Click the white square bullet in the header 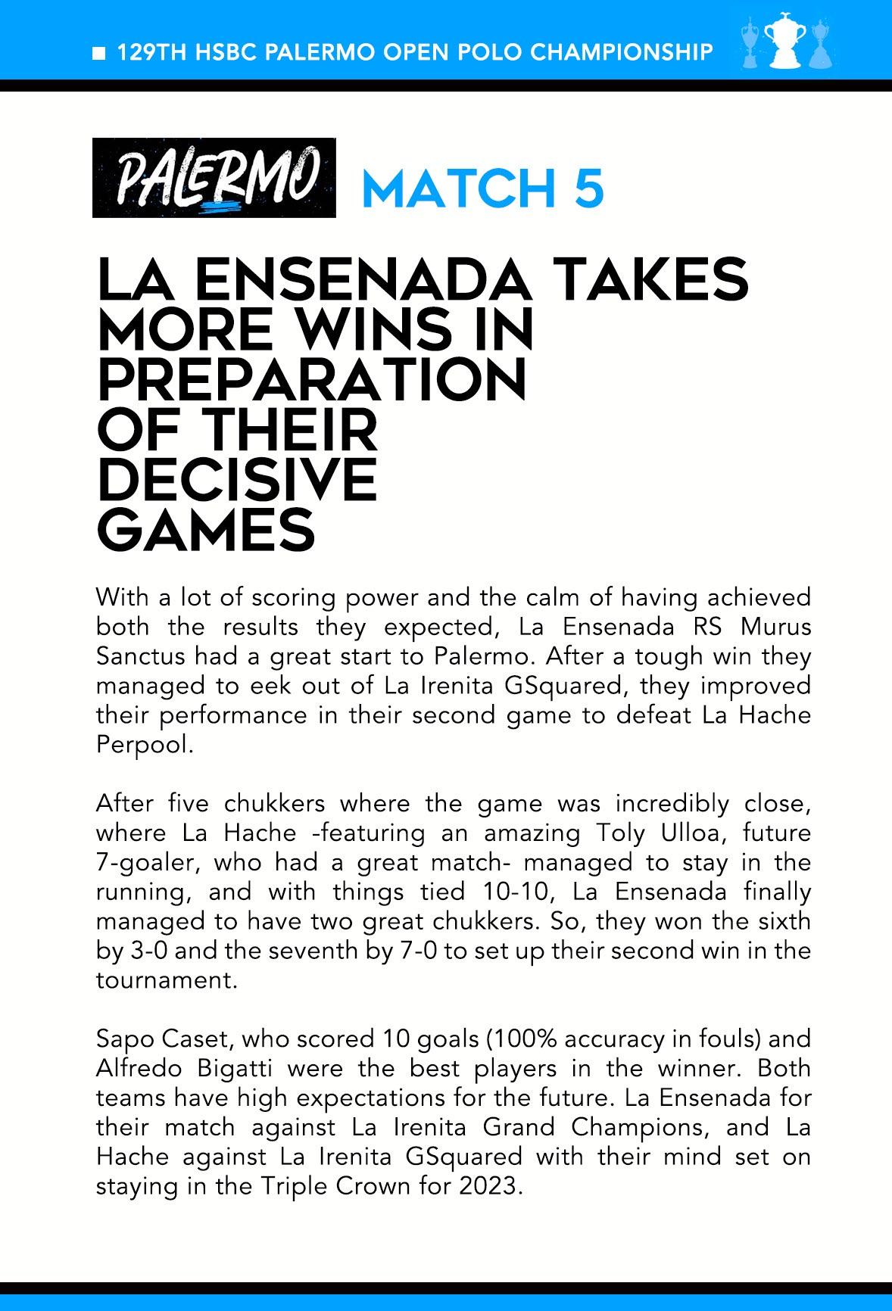click(98, 53)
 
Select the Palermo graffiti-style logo click(214, 178)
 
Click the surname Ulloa click(690, 833)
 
